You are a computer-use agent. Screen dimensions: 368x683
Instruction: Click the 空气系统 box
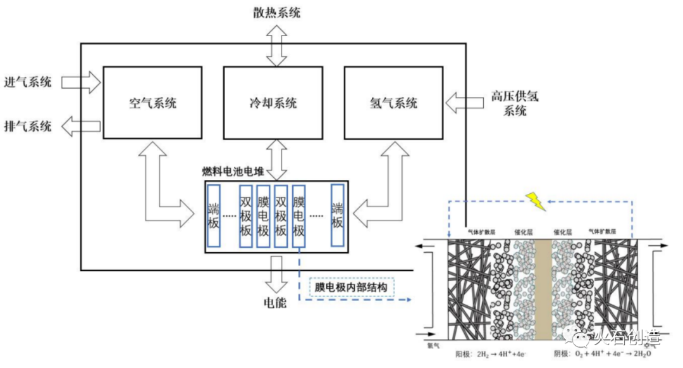click(152, 102)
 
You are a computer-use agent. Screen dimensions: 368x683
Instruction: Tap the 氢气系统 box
click(393, 102)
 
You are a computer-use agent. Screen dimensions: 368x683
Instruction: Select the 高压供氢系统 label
click(515, 104)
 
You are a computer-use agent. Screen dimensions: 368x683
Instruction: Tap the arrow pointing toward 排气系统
click(80, 126)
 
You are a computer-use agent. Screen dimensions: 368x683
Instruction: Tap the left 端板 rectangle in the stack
click(213, 215)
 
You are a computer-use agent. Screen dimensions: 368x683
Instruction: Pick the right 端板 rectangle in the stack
click(338, 215)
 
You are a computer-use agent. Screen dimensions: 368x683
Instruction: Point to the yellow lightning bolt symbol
click(536, 202)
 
